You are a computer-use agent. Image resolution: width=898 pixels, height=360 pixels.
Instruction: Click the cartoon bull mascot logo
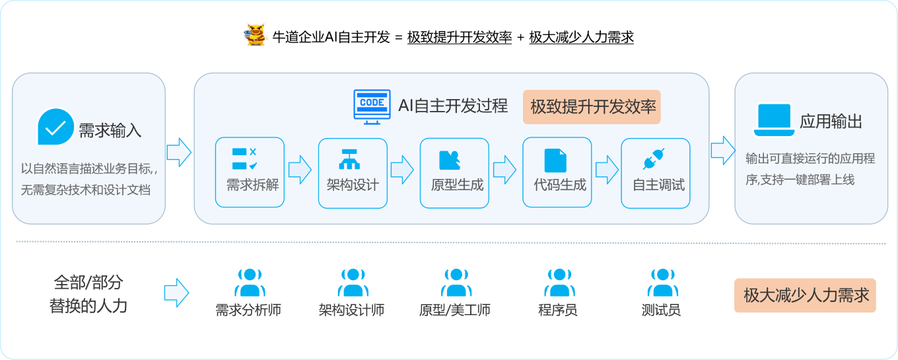(256, 35)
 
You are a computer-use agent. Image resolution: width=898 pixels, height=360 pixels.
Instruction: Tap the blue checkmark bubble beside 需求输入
(55, 127)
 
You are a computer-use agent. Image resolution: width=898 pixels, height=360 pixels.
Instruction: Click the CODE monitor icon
(372, 107)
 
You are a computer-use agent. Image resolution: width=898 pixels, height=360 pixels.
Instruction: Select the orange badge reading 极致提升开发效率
(592, 107)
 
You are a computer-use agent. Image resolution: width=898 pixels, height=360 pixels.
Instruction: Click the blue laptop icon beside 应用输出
(774, 120)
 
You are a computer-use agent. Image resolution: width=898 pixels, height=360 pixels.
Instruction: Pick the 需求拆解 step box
(250, 172)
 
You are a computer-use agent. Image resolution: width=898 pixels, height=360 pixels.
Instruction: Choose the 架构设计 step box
(353, 173)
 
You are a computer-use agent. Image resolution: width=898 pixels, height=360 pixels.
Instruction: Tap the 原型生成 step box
(454, 173)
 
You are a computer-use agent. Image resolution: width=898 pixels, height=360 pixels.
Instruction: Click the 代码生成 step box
(557, 172)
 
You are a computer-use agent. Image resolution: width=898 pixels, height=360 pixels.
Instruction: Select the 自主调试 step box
(656, 173)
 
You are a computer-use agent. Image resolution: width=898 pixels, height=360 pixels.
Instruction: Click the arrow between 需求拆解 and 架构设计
(300, 170)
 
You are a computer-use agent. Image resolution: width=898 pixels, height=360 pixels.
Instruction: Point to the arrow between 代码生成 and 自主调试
(607, 170)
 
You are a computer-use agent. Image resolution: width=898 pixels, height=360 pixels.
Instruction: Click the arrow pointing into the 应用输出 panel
(723, 151)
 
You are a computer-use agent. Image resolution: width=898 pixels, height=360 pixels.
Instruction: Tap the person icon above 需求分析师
(250, 283)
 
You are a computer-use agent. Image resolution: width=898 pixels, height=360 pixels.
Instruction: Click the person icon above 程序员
(559, 283)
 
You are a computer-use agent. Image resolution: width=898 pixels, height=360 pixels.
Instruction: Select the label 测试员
(661, 310)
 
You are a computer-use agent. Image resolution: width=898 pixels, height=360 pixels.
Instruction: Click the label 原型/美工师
(454, 310)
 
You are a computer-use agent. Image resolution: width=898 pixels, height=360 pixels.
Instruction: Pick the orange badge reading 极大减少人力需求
(805, 295)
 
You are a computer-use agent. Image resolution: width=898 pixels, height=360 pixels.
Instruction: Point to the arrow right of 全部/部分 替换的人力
(176, 293)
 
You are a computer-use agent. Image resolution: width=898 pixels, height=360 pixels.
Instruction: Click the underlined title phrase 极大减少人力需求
(581, 37)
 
